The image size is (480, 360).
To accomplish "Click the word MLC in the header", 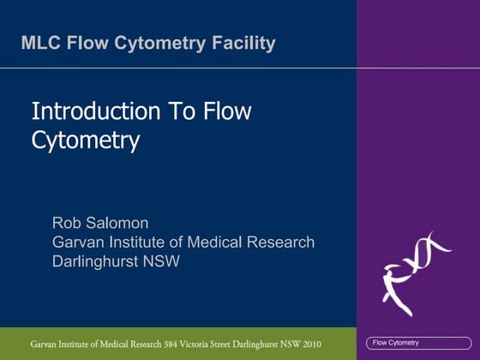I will (x=40, y=42).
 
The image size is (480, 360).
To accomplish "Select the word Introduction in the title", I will (x=94, y=111).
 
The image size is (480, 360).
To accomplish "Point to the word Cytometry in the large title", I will (x=85, y=140).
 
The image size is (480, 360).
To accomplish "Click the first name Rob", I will (x=69, y=224).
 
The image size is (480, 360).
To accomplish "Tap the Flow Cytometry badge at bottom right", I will (x=396, y=343).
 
